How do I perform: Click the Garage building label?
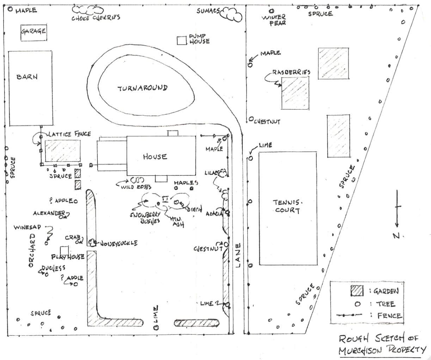coord(33,31)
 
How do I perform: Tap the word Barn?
coord(27,76)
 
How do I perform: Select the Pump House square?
coord(181,41)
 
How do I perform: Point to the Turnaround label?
coord(142,88)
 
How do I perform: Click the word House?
coord(155,156)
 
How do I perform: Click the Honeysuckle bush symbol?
coord(93,242)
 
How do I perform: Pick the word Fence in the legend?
coord(389,316)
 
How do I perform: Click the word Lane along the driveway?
coord(238,255)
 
